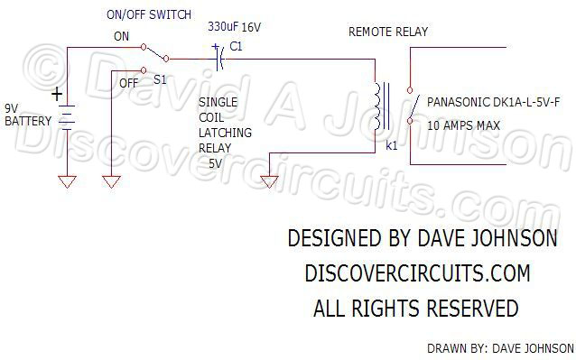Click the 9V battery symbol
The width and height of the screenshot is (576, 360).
(67, 116)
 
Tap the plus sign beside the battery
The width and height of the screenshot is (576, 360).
(57, 94)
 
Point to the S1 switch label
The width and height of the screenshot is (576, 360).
(159, 80)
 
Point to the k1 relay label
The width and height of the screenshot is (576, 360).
(391, 143)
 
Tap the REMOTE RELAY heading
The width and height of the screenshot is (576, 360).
(388, 32)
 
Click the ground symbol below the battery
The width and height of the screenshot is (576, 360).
(67, 181)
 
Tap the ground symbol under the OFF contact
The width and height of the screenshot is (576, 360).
(110, 181)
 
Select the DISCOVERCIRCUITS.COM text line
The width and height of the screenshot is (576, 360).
(416, 273)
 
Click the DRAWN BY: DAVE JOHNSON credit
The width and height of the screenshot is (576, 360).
(499, 347)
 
